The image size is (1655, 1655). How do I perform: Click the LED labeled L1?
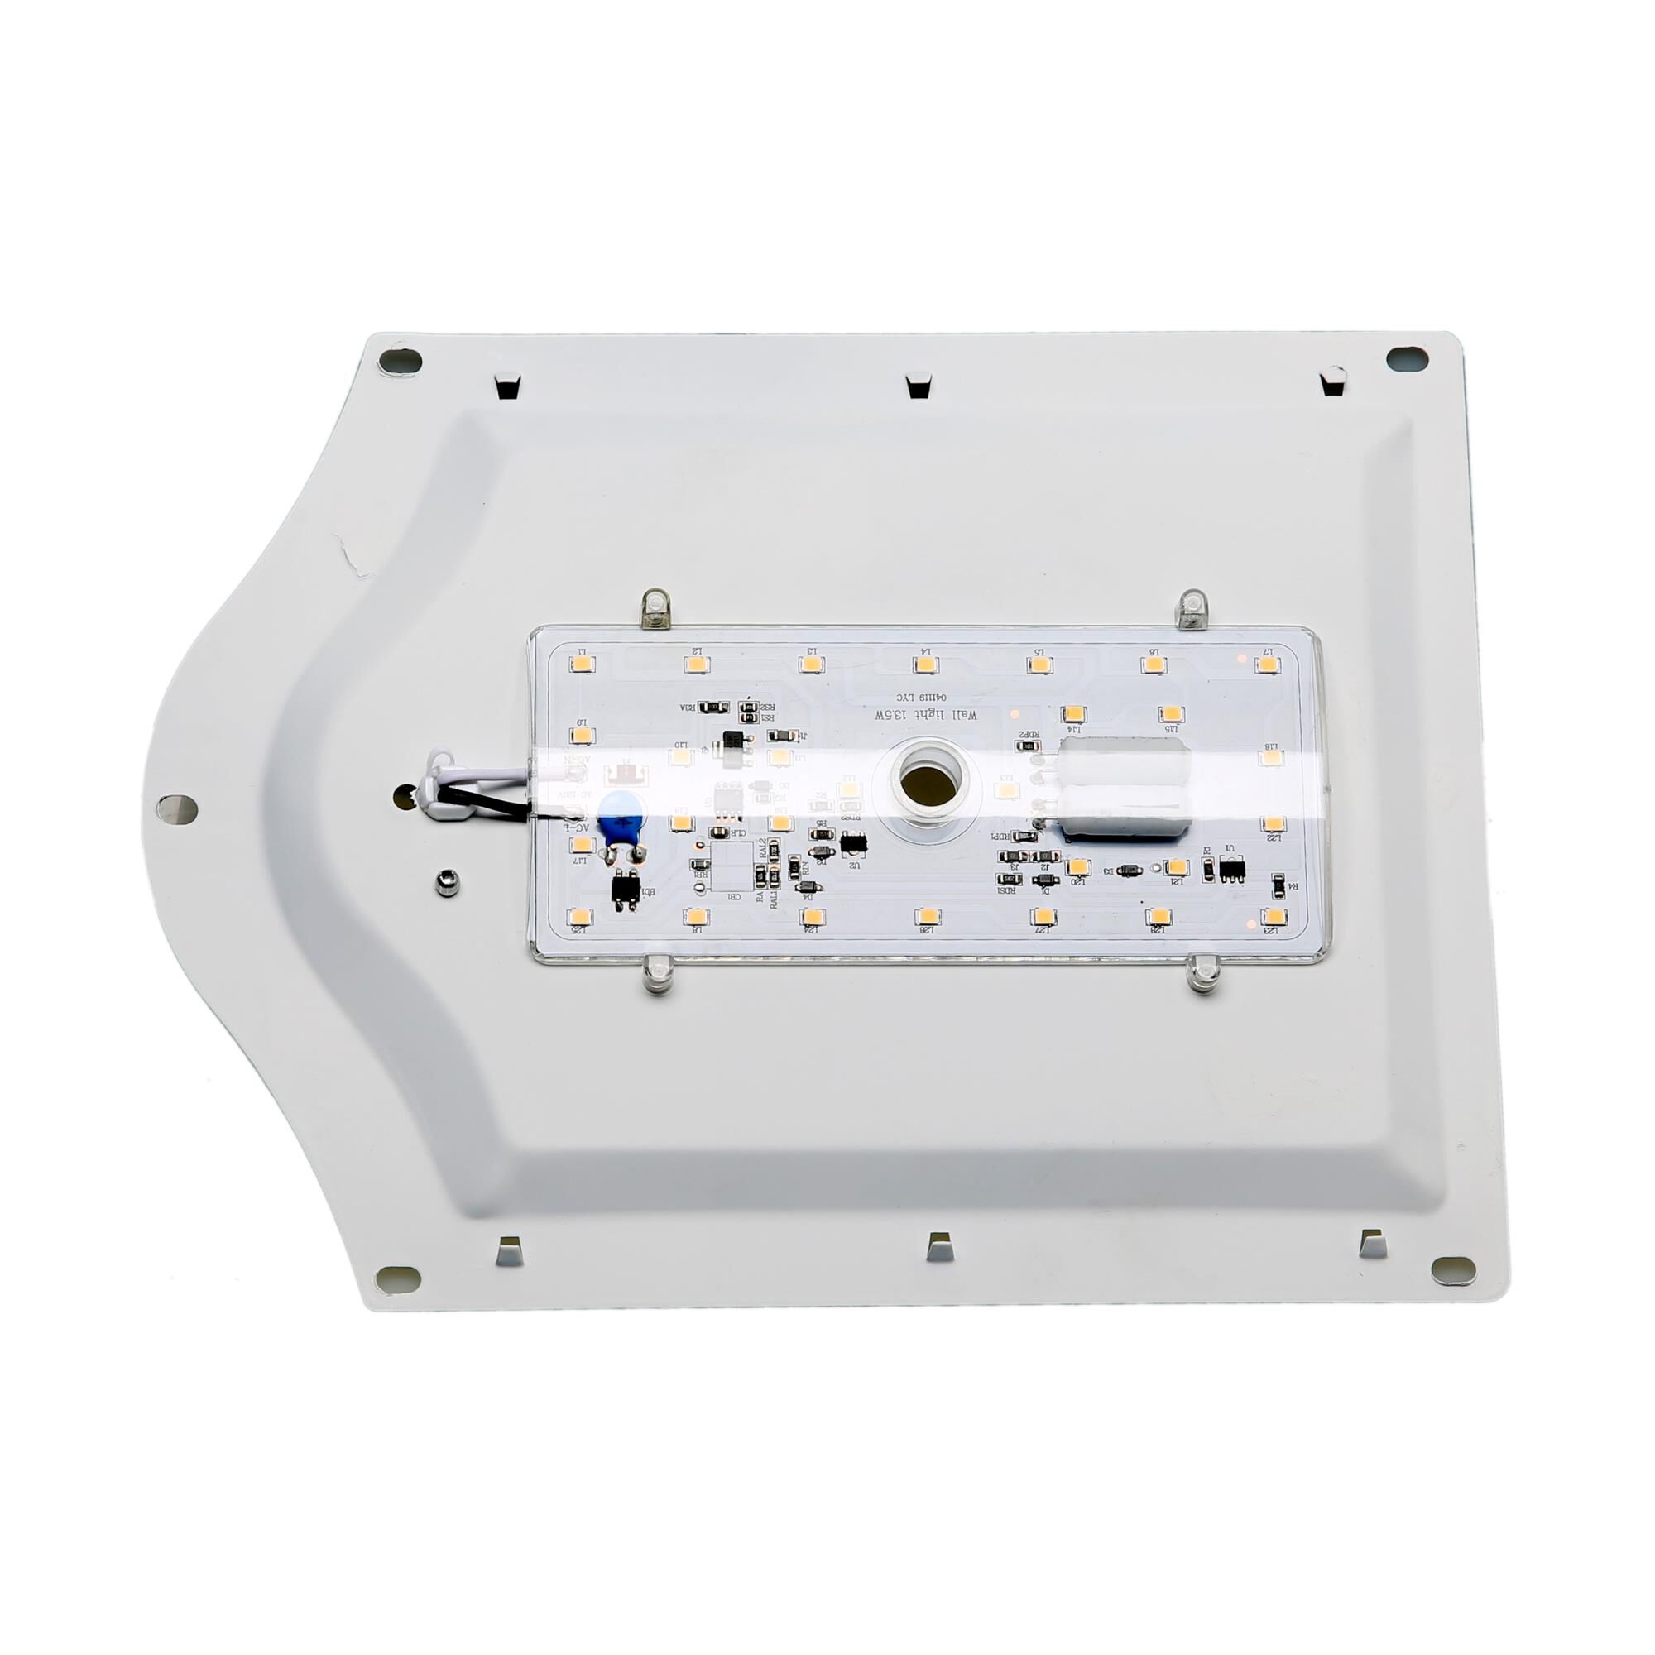pyautogui.click(x=581, y=664)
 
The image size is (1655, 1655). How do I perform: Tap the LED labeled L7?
pyautogui.click(x=1266, y=664)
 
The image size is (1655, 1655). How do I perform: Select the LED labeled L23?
pyautogui.click(x=1274, y=917)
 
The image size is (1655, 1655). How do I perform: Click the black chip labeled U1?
pyautogui.click(x=1232, y=870)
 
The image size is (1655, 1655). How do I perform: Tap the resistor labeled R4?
pyautogui.click(x=1278, y=885)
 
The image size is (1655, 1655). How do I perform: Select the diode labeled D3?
pyautogui.click(x=1130, y=871)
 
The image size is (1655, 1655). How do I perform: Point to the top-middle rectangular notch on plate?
pyautogui.click(x=919, y=386)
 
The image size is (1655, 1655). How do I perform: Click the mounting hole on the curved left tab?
pyautogui.click(x=177, y=807)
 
